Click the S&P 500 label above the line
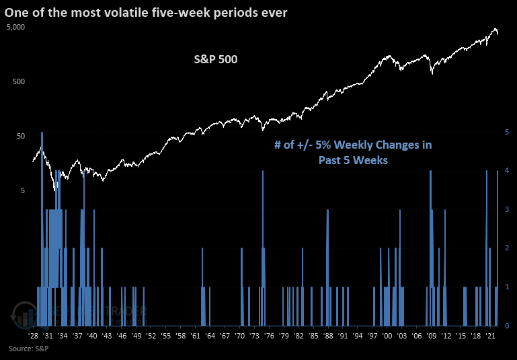pyautogui.click(x=212, y=60)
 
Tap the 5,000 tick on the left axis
pyautogui.click(x=15, y=27)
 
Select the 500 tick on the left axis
pyautogui.click(x=18, y=81)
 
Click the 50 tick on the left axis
pyautogui.click(x=20, y=136)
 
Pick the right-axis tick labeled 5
pyautogui.click(x=507, y=133)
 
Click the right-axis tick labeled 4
pyautogui.click(x=507, y=171)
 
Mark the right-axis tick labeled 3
pyautogui.click(x=507, y=210)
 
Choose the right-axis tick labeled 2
pyautogui.click(x=507, y=248)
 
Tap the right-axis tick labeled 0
pyautogui.click(x=507, y=326)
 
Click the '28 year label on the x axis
pyautogui.click(x=34, y=336)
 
